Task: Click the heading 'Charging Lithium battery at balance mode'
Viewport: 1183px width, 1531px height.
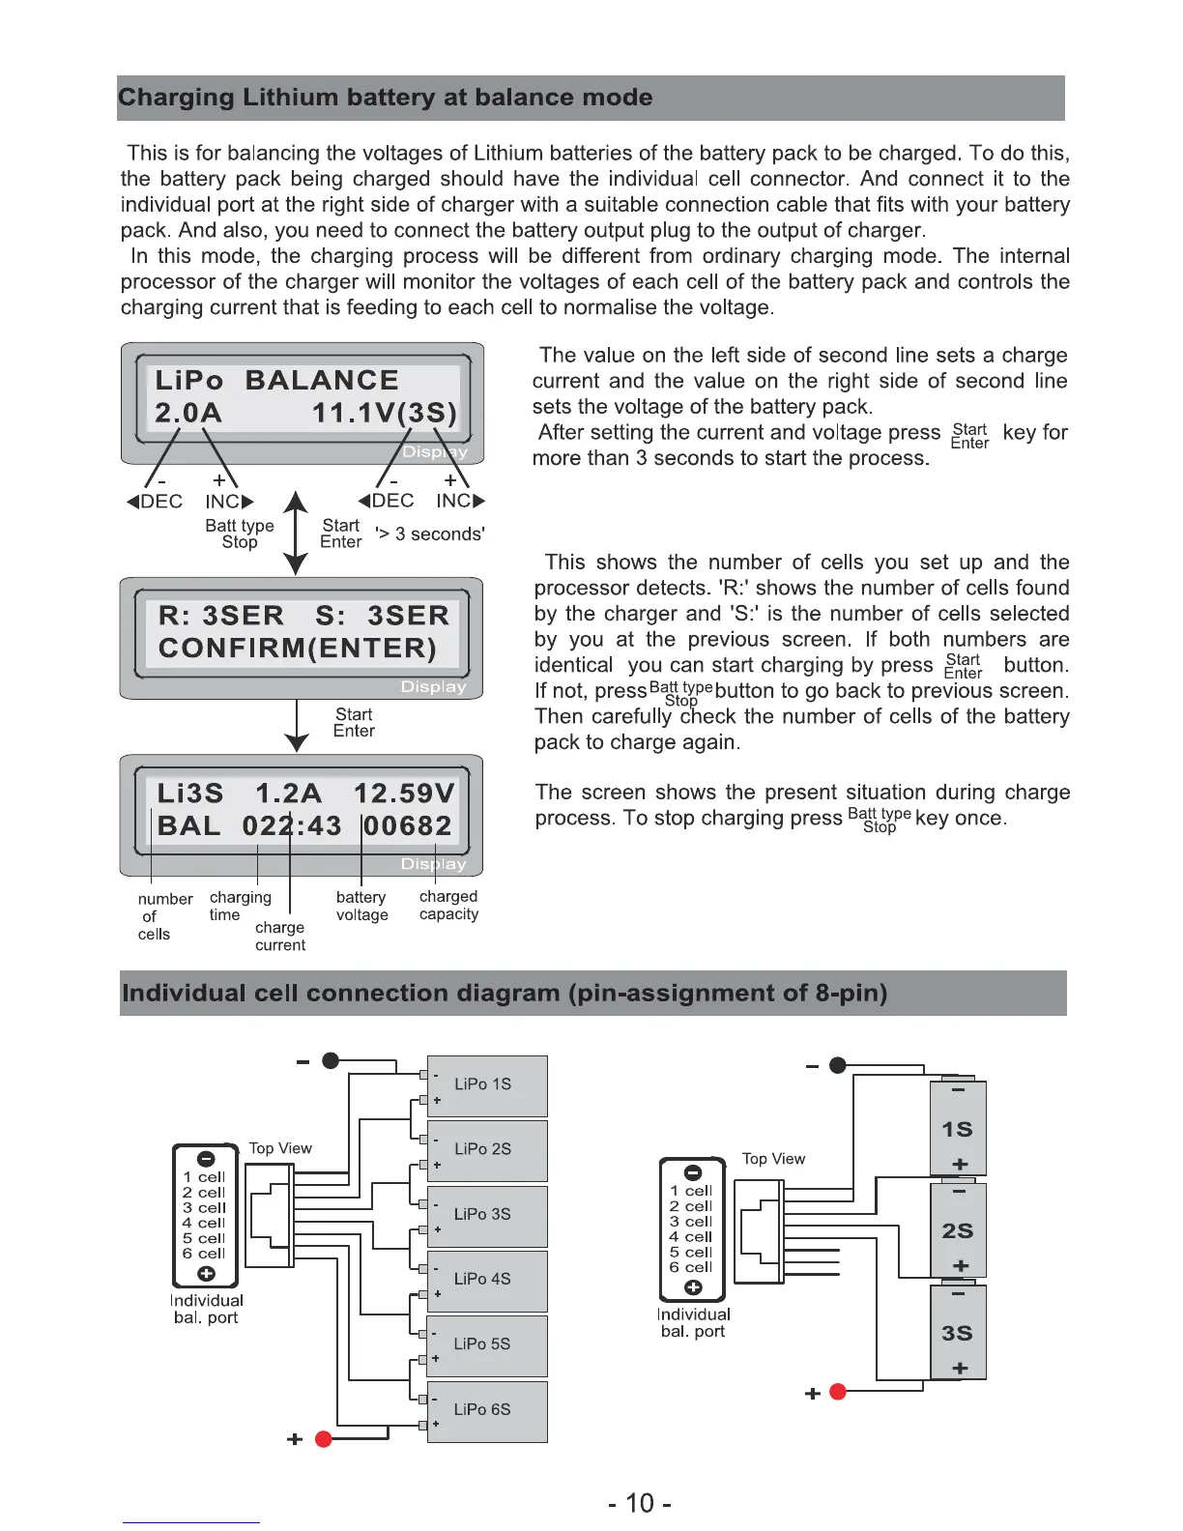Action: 385,98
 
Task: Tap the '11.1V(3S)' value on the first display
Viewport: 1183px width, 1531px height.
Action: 384,414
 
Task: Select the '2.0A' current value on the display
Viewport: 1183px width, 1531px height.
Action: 188,414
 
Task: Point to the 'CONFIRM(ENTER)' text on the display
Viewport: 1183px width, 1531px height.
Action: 298,648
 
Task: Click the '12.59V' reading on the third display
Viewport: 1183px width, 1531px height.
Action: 404,794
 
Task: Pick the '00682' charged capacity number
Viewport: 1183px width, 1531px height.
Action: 408,826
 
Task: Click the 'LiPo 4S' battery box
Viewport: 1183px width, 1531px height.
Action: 487,1280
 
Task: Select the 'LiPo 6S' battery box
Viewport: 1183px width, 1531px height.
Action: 487,1410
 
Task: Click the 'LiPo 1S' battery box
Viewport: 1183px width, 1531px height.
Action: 487,1085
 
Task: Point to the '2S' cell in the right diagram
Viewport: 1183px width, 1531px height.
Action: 957,1230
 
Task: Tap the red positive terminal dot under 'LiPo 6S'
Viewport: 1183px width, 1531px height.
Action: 324,1439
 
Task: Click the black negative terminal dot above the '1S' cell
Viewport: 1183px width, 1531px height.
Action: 838,1065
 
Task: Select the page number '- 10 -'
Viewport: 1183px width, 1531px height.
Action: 640,1503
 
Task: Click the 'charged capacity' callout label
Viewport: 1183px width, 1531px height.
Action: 448,906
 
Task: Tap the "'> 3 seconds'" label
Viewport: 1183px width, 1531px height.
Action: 430,534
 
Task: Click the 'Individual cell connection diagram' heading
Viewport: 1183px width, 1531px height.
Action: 505,994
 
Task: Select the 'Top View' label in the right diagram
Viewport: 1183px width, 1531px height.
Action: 773,1159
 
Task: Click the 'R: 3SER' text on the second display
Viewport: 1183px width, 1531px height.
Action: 221,616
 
